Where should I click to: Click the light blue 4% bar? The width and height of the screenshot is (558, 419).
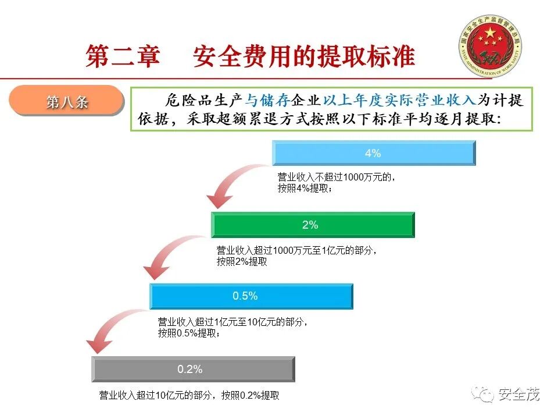[x=373, y=154]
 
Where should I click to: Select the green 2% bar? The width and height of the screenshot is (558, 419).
[x=312, y=225]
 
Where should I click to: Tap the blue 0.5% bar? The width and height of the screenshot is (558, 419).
[x=251, y=296]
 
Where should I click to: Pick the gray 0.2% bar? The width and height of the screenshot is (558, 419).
[x=192, y=370]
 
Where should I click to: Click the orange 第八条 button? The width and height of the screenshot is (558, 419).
[x=67, y=102]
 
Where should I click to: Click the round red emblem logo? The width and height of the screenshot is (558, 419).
[x=490, y=47]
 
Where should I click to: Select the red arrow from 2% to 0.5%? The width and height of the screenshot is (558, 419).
[x=168, y=256]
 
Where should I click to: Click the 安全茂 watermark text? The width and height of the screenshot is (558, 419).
[x=519, y=394]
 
